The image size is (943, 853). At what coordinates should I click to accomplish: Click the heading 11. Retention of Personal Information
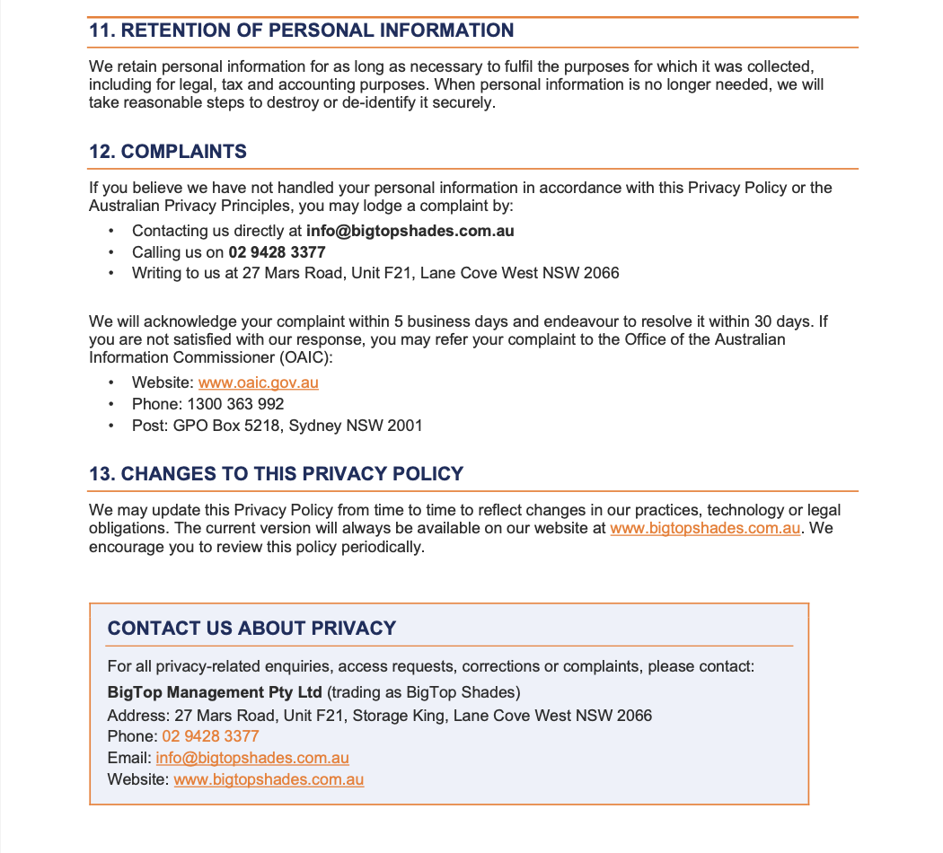point(301,31)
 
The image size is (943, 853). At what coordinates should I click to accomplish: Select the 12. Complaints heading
point(168,152)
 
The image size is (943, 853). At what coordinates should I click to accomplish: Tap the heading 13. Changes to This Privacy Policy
point(276,474)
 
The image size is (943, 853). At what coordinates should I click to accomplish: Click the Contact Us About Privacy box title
point(251,629)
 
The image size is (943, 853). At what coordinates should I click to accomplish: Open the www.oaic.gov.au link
point(259,383)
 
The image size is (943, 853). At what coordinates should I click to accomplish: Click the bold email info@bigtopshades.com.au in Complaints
point(410,231)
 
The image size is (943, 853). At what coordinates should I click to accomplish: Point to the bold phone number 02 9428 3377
point(277,252)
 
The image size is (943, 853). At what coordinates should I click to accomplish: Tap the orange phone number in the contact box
point(210,736)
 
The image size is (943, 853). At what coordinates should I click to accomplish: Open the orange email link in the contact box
point(252,758)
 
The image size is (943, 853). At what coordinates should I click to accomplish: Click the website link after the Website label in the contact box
point(269,779)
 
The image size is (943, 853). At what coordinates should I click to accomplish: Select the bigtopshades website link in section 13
point(705,528)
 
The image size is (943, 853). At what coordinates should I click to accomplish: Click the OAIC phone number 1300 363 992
point(235,404)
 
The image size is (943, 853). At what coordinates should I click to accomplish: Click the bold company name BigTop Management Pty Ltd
point(215,693)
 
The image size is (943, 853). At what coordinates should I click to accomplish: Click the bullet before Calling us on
point(111,252)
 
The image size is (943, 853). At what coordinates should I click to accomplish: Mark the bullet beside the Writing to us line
point(111,273)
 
